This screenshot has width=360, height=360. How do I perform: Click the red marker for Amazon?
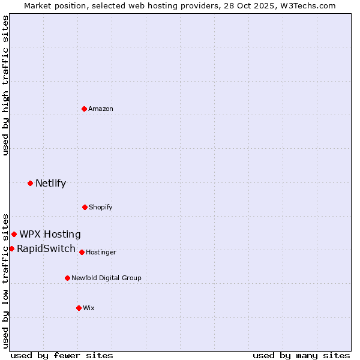(x=84, y=109)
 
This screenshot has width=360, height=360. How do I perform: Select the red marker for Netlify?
(x=30, y=183)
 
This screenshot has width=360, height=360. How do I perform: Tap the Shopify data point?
(x=85, y=207)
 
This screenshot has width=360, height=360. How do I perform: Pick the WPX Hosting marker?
(x=14, y=234)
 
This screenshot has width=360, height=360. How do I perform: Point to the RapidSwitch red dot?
(x=11, y=248)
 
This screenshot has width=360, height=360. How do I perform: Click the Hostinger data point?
(x=82, y=252)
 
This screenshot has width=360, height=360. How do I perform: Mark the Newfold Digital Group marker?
(x=67, y=278)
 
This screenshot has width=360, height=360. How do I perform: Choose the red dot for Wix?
(x=79, y=308)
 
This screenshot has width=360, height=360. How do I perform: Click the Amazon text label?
(x=101, y=109)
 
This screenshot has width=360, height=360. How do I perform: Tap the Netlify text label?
(x=50, y=184)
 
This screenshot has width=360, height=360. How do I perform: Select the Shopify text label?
(x=100, y=207)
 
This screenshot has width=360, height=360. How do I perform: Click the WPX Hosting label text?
(x=50, y=235)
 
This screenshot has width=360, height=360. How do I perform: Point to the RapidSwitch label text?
(x=46, y=249)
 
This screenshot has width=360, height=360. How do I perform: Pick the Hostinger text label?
(x=101, y=252)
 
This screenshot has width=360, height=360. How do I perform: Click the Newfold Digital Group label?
(x=106, y=278)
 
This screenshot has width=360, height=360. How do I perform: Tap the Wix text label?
(x=89, y=308)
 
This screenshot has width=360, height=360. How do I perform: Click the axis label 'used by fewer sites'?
(x=62, y=355)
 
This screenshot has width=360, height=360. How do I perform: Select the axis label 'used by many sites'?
(x=301, y=355)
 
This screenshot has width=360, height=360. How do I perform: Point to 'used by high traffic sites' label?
(x=5, y=85)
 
